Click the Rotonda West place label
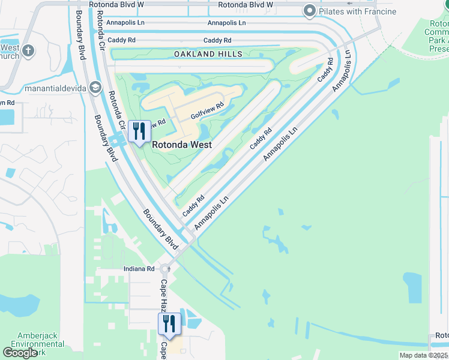181,145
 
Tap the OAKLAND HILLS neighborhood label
208,54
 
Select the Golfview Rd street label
207,109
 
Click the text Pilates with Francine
358,11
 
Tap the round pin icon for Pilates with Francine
310,10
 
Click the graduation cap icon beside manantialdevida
95,88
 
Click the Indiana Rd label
139,269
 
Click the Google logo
20,353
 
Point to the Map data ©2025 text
423,355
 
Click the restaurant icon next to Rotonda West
139,131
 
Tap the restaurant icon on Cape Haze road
169,324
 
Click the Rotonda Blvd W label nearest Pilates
246,4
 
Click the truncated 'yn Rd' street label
7,103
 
